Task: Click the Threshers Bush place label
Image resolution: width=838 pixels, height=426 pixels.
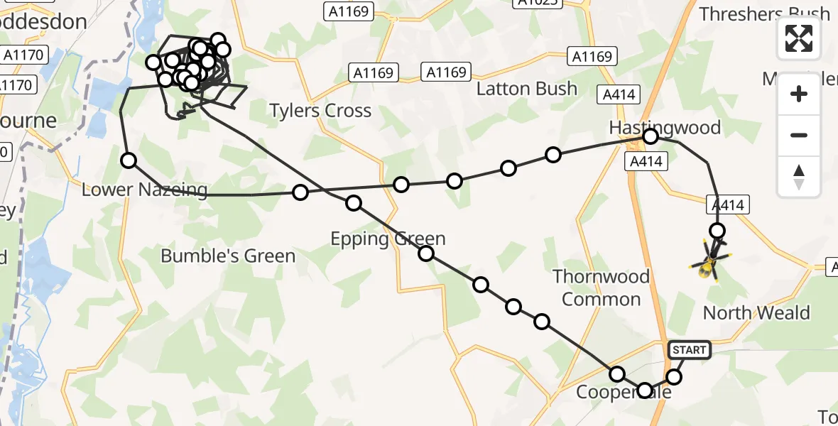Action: [x=764, y=13]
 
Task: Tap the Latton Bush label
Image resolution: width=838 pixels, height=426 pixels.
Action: [x=526, y=89]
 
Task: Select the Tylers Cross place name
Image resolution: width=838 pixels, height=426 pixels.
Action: [x=320, y=111]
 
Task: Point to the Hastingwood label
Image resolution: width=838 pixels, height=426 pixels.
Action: [x=665, y=128]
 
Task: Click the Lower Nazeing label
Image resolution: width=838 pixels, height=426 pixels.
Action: [x=144, y=190]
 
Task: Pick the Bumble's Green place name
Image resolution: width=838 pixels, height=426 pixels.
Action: [x=228, y=256]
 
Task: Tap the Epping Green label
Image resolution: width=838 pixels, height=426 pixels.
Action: [x=388, y=239]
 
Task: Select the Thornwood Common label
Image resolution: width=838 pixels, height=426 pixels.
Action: [x=602, y=288]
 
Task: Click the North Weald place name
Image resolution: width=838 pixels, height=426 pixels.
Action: [x=756, y=313]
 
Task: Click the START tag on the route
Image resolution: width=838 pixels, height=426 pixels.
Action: [x=689, y=349]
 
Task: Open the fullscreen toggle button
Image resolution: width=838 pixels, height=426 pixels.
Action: [x=799, y=38]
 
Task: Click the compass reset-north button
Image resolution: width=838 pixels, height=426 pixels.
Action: [x=799, y=177]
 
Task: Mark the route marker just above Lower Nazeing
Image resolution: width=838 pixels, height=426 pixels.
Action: [x=129, y=160]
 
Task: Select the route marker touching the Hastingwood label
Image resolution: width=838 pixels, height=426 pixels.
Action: [x=650, y=136]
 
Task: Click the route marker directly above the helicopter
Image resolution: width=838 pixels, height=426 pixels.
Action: [x=717, y=231]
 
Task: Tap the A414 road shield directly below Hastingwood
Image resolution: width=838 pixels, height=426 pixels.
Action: [x=646, y=162]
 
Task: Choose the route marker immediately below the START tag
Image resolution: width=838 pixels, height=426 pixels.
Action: [x=674, y=376]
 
